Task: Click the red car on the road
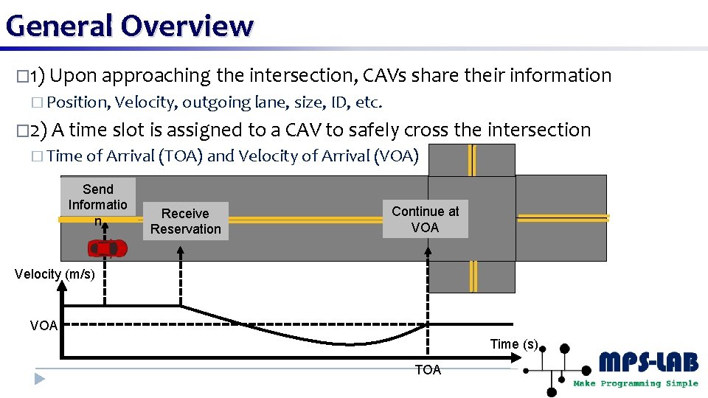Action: click(108, 248)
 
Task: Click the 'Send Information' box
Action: click(98, 205)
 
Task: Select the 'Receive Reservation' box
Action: click(185, 221)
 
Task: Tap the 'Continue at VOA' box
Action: click(425, 220)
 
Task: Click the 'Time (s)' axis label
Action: click(514, 344)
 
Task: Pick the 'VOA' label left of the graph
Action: click(44, 326)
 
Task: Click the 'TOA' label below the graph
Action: click(428, 370)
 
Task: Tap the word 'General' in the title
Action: click(59, 26)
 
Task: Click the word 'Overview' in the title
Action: click(187, 26)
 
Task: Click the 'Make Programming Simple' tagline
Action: click(636, 383)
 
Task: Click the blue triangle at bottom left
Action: click(40, 380)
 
